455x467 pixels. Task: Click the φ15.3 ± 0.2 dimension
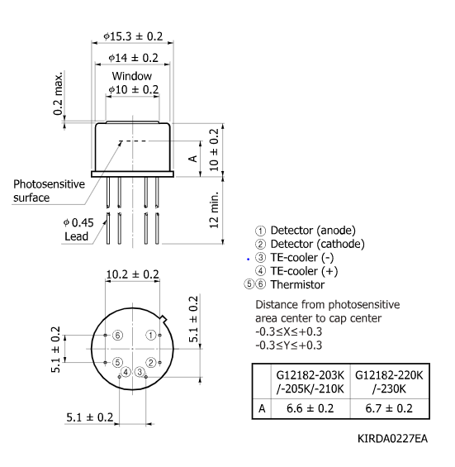134,37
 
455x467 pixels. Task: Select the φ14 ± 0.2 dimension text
135,59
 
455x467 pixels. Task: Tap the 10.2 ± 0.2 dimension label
132,274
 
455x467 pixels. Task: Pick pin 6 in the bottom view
118,335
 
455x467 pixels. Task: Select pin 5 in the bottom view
118,362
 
